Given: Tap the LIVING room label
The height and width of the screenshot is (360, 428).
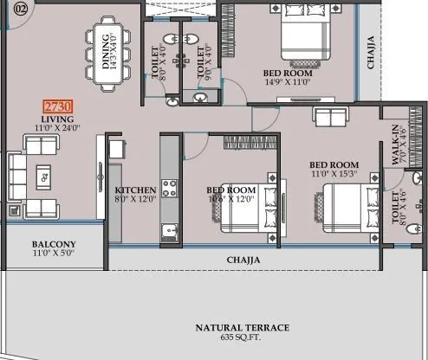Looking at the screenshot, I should click(x=57, y=119).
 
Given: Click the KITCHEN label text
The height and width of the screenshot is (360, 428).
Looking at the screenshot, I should click(x=135, y=190).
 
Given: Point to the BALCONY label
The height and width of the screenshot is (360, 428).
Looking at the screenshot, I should click(x=54, y=244).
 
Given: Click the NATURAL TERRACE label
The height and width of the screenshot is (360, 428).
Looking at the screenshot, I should click(x=242, y=327).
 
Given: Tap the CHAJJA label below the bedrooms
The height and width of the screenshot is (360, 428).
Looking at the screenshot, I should click(x=245, y=259).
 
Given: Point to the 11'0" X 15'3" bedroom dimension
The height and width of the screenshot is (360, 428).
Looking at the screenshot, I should click(x=334, y=174).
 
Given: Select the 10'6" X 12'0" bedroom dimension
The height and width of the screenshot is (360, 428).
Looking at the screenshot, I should click(x=230, y=199).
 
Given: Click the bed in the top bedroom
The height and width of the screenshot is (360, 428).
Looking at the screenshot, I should click(x=303, y=38).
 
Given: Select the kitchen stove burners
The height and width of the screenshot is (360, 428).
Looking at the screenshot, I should click(x=168, y=187).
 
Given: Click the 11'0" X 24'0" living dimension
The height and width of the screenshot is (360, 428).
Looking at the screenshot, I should click(x=57, y=128).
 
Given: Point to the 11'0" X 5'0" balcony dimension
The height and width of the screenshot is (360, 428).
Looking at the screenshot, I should click(x=54, y=254).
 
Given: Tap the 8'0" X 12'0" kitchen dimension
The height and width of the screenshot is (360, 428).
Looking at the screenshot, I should click(x=135, y=199).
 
